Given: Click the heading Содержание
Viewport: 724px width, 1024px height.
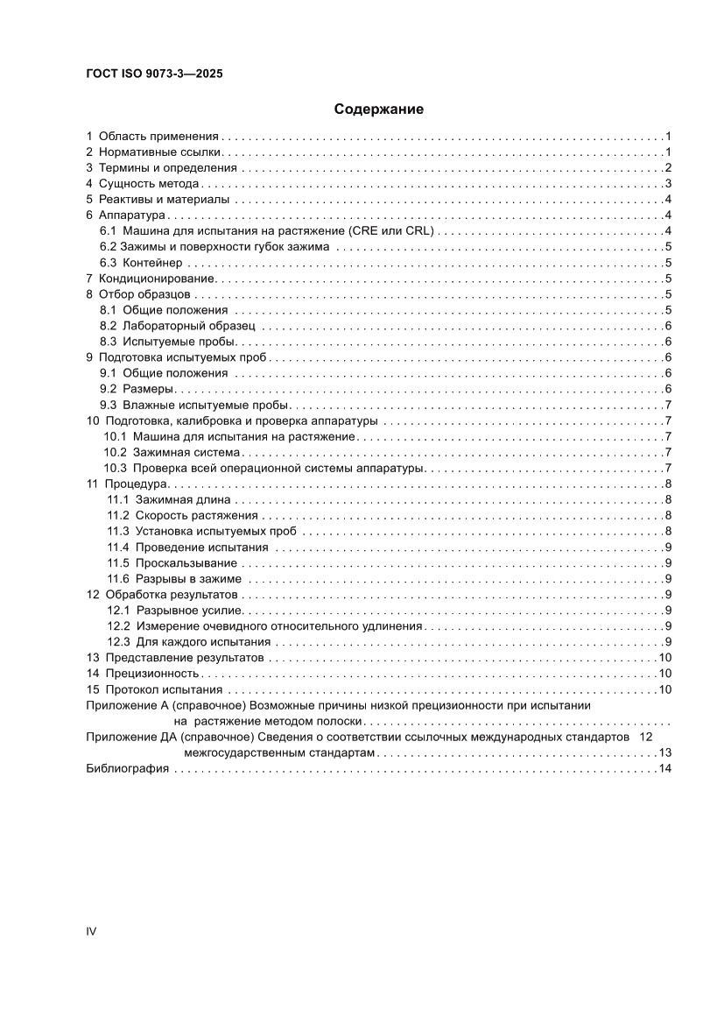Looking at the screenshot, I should (x=379, y=109).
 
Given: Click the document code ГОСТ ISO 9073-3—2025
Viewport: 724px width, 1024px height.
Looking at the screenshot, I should (x=154, y=74).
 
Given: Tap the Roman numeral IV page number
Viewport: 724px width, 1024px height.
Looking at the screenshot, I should (x=91, y=930).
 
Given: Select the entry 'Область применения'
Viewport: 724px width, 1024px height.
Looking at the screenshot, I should (x=158, y=137).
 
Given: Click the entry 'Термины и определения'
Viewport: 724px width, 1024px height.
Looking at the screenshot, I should (x=167, y=168).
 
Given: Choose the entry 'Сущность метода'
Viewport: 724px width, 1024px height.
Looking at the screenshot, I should (x=149, y=184).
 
